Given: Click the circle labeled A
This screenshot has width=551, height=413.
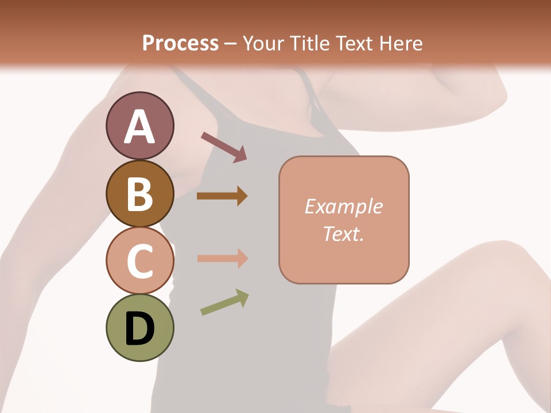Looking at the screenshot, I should click(140, 126).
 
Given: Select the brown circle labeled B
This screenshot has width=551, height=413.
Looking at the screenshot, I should click(140, 194).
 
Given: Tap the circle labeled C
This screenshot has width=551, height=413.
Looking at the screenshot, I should click(140, 260).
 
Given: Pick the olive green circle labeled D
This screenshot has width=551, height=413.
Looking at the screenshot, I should click(140, 328).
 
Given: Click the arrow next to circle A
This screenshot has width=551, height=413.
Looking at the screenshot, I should click(224, 146).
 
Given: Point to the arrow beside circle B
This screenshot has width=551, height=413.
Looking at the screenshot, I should click(222, 196).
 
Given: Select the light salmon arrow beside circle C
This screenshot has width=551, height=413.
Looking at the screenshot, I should click(222, 258).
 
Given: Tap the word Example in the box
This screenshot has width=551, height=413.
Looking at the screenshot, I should click(344, 206).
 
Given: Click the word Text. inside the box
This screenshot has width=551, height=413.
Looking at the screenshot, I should click(344, 233).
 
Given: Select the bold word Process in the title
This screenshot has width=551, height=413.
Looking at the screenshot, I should click(180, 43).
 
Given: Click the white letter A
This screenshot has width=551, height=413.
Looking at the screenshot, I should click(140, 127).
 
